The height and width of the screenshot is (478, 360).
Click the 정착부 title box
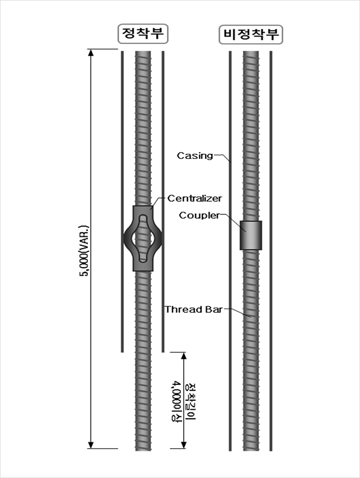(143, 34)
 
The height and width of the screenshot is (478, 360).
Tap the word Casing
(195, 155)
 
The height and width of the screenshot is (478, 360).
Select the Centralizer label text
(195, 198)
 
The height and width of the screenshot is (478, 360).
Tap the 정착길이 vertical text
(190, 401)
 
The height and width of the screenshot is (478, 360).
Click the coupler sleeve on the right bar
(251, 235)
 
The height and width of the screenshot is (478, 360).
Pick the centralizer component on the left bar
(143, 238)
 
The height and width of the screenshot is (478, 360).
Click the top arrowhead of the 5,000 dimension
(90, 53)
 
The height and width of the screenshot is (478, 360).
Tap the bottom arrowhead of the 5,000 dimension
(90, 445)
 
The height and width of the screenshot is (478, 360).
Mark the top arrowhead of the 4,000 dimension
(184, 356)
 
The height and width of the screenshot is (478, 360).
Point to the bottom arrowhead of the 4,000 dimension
(184, 445)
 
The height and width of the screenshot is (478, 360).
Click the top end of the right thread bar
(251, 54)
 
